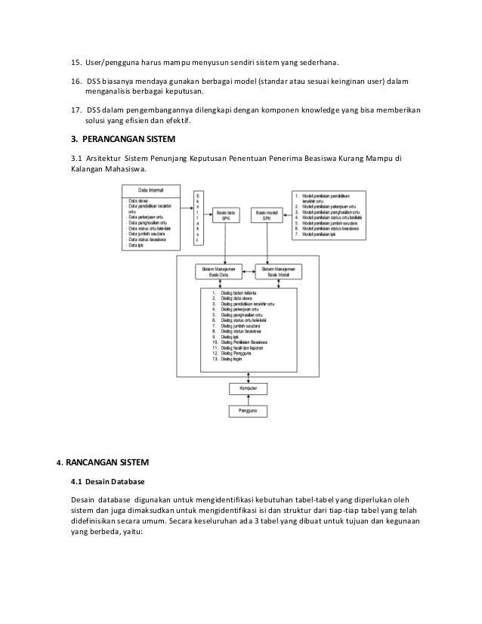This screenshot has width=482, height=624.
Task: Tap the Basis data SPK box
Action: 227,215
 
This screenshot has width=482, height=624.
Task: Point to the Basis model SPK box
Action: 267,215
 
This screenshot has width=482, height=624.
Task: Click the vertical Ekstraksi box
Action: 198,216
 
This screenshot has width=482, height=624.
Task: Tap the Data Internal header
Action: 151,190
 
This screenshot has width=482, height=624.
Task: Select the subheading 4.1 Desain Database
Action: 107,481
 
